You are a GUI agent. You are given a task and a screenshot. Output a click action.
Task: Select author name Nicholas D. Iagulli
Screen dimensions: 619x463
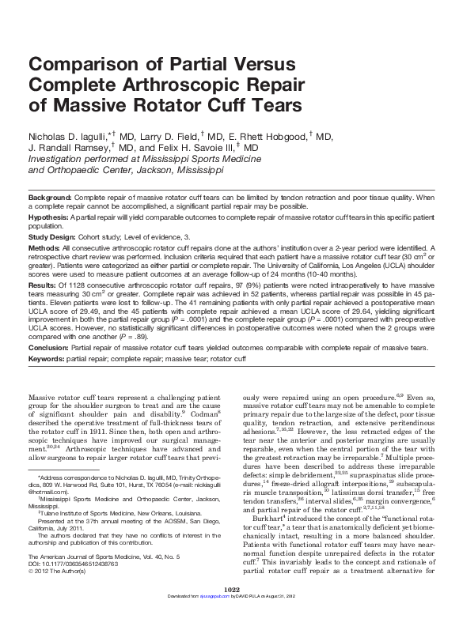point(67,137)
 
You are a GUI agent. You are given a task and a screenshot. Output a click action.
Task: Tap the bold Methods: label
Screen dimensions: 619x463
point(45,247)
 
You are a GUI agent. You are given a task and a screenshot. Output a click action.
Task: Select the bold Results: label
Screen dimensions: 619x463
point(44,284)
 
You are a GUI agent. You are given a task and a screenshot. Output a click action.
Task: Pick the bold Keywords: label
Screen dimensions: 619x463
point(48,359)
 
